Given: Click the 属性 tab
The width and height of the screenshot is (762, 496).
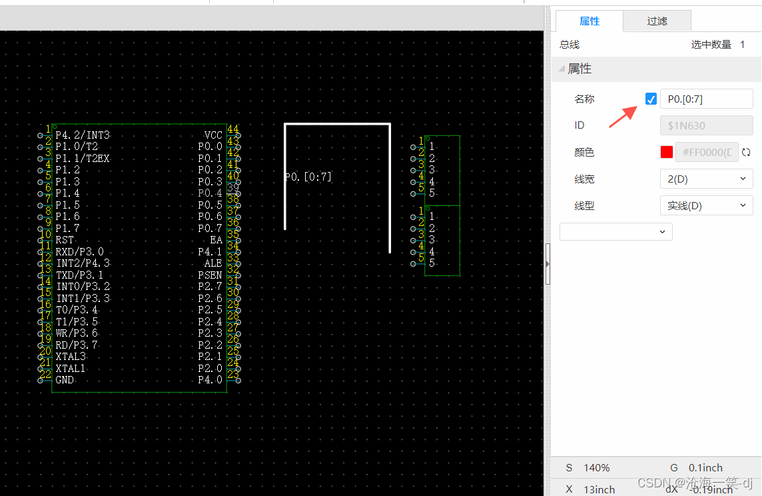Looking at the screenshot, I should [x=589, y=21].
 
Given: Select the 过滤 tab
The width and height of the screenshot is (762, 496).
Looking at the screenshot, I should [x=657, y=21].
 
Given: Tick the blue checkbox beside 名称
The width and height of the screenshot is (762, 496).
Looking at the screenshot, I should [x=651, y=99].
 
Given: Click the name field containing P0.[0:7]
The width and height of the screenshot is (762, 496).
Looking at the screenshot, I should [x=706, y=99].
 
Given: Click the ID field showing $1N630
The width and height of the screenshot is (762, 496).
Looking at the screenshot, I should [x=706, y=125].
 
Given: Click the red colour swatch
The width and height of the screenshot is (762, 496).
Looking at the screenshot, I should [x=667, y=152].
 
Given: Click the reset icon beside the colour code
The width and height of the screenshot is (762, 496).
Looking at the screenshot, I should [x=746, y=152].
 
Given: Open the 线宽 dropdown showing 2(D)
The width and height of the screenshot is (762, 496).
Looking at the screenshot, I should [x=706, y=179].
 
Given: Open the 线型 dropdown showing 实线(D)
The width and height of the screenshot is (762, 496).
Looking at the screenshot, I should [x=706, y=205].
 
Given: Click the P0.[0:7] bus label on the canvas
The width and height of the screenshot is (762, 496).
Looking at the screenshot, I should [x=308, y=177].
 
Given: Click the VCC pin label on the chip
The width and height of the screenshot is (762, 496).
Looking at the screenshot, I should [x=213, y=135].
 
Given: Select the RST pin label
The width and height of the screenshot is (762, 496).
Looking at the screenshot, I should [x=65, y=240].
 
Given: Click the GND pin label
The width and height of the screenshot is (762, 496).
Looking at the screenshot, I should [x=65, y=380].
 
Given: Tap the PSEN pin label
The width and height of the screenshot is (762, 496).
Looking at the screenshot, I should [x=210, y=275].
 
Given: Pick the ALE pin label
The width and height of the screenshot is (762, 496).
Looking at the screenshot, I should [x=213, y=263].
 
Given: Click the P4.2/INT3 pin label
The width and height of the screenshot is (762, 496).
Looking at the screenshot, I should [x=83, y=135].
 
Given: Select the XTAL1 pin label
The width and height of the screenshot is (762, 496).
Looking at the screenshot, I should [x=71, y=369].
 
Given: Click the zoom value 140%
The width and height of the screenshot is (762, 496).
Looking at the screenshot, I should [x=597, y=467].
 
